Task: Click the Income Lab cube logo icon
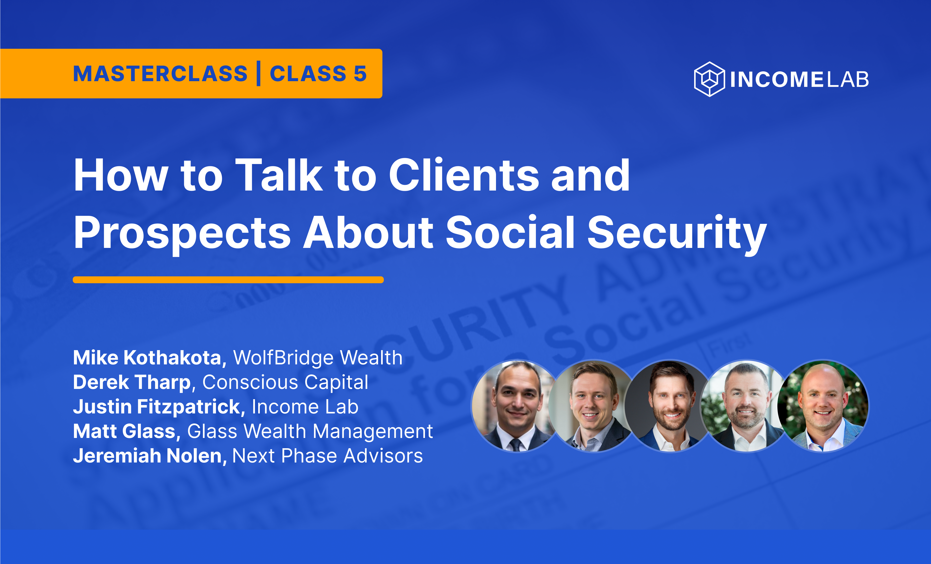[709, 79]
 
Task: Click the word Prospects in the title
[182, 233]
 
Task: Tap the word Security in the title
[677, 233]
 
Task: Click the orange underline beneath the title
[228, 280]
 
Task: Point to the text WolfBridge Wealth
[318, 358]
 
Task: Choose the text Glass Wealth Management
[310, 431]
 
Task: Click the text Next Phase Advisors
[327, 456]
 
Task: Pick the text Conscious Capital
[285, 382]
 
